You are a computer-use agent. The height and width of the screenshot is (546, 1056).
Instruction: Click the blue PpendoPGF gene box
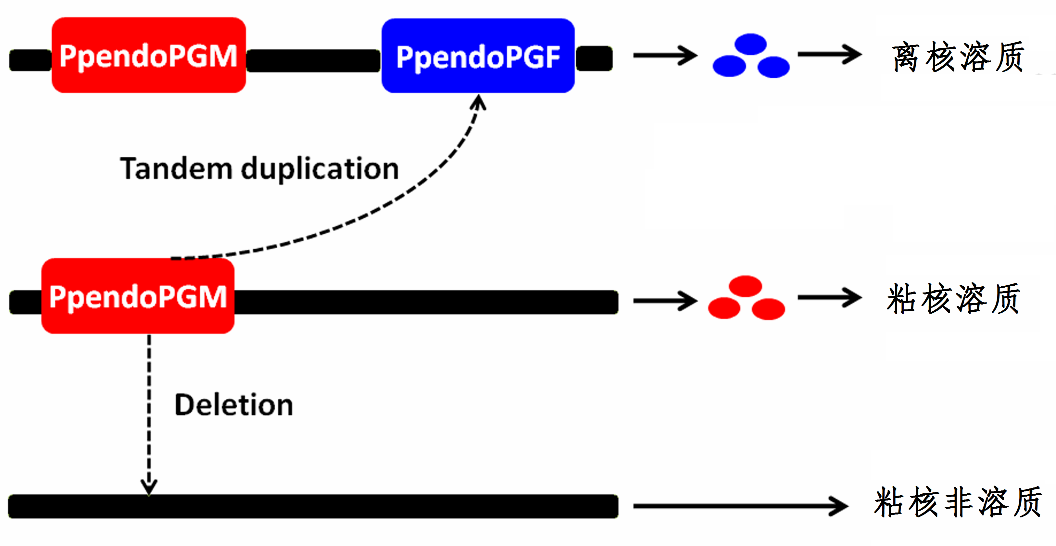[x=478, y=56]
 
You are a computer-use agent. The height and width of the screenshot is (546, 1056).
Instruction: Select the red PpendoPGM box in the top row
[x=149, y=55]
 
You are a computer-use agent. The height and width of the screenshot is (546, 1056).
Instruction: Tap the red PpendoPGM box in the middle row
[x=138, y=296]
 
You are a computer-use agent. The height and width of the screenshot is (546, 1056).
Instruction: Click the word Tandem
[x=176, y=169]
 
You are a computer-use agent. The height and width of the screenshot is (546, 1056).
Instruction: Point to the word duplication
[x=320, y=169]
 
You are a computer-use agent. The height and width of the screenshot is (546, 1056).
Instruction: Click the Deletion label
[x=234, y=405]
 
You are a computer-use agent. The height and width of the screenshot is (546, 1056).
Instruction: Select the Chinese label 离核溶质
[x=958, y=57]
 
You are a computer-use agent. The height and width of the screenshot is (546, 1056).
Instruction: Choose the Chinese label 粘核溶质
[x=953, y=299]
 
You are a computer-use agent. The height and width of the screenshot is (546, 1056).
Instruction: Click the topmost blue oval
[x=750, y=44]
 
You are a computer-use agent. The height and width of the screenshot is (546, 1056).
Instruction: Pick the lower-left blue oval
[x=729, y=66]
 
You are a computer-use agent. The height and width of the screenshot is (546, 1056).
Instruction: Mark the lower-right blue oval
[x=773, y=67]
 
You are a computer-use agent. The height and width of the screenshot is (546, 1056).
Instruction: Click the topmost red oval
[x=746, y=286]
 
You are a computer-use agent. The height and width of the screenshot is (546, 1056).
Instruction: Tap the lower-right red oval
[x=769, y=309]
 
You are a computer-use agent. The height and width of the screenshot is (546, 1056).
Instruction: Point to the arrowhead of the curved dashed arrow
[x=478, y=103]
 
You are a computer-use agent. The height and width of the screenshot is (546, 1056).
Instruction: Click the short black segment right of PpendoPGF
[x=595, y=58]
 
